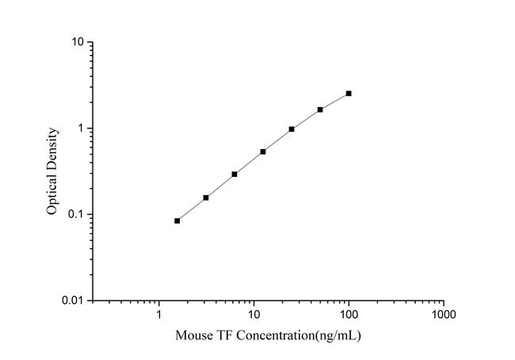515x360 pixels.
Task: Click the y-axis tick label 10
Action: click(x=78, y=41)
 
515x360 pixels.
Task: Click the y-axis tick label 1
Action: click(x=81, y=128)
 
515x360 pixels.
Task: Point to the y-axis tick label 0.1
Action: click(x=76, y=215)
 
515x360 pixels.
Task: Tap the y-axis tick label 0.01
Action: click(x=74, y=301)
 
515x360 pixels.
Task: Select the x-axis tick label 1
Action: click(x=159, y=315)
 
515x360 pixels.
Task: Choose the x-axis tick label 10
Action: click(x=254, y=315)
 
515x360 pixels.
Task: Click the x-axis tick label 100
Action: click(x=349, y=315)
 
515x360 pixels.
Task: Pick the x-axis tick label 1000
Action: click(x=444, y=315)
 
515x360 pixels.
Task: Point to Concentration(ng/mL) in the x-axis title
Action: click(x=296, y=336)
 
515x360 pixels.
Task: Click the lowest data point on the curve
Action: click(x=177, y=220)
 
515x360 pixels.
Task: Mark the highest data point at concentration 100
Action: click(x=349, y=94)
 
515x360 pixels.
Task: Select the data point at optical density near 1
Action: click(x=292, y=128)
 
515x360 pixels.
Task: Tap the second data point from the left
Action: click(x=206, y=197)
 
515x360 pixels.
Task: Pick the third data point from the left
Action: click(x=235, y=174)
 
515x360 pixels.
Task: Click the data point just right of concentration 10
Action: click(x=263, y=151)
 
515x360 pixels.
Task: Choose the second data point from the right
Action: click(x=320, y=109)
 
